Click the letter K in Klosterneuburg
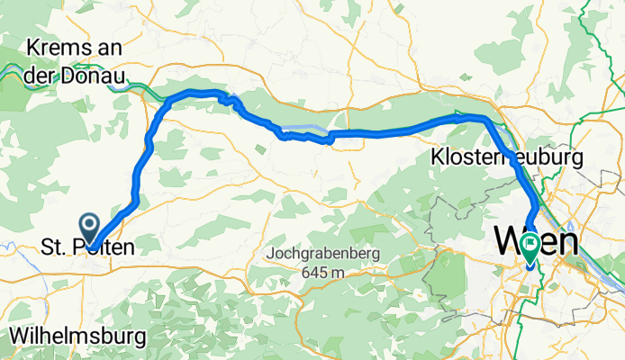439,157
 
